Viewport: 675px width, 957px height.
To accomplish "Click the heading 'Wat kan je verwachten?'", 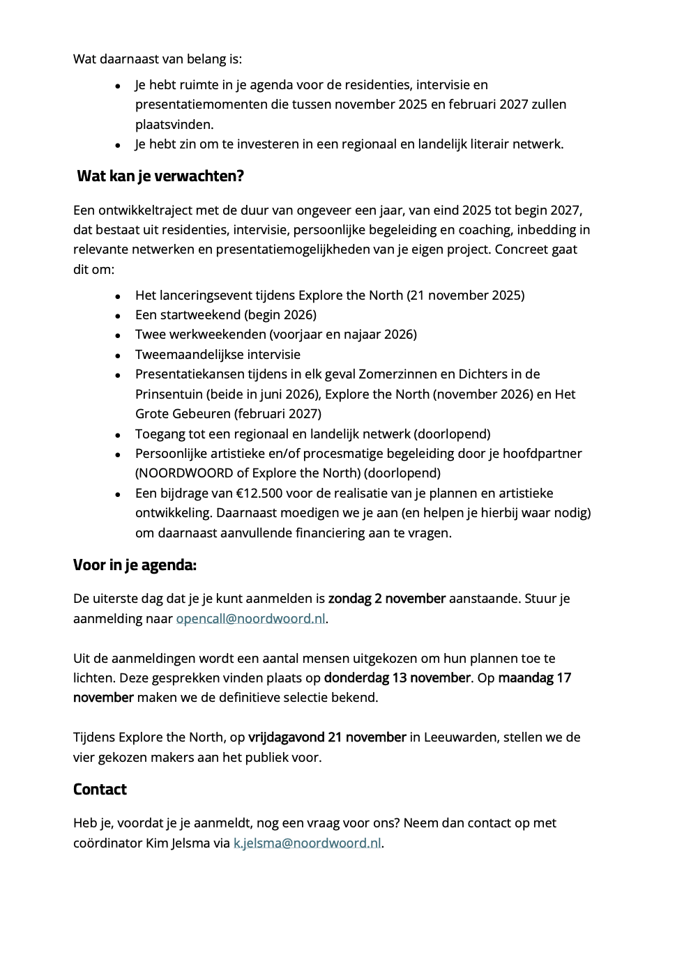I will (x=160, y=176).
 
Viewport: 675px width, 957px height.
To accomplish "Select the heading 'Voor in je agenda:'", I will (x=135, y=565).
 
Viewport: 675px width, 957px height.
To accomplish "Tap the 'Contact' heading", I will (x=100, y=790).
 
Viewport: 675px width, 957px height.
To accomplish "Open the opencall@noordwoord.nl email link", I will (x=250, y=619).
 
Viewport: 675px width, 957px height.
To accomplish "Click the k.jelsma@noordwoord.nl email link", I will (x=307, y=843).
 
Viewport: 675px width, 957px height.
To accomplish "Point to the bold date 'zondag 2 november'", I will (x=387, y=599).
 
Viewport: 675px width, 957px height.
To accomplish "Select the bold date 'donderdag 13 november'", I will (x=397, y=678).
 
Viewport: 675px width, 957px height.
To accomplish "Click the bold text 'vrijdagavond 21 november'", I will (x=327, y=737).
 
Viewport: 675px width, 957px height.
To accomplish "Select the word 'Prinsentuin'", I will (x=169, y=395).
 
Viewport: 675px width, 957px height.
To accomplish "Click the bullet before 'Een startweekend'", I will (x=119, y=316).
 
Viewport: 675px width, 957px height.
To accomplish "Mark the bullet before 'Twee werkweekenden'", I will (x=119, y=335).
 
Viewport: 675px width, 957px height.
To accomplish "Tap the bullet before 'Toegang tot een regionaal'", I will (x=119, y=435).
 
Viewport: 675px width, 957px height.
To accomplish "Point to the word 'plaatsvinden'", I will (x=172, y=125).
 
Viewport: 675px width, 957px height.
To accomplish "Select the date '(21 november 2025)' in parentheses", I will (x=466, y=296).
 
